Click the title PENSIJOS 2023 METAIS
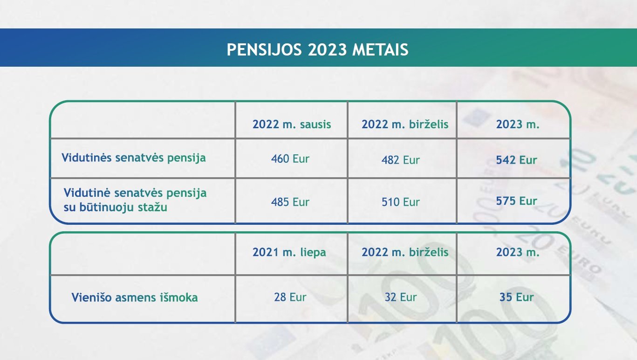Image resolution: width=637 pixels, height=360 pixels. (x=317, y=49)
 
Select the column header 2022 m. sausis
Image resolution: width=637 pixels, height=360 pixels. (x=292, y=125)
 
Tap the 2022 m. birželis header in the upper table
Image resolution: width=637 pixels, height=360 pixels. (x=405, y=125)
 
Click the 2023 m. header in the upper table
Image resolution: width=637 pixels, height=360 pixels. (x=518, y=125)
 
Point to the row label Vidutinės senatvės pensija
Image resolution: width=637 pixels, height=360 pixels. (x=134, y=158)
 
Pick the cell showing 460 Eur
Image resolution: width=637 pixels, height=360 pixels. (x=290, y=159)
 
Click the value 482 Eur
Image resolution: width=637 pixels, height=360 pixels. (x=400, y=160)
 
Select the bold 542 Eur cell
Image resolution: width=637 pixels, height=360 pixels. (x=516, y=160)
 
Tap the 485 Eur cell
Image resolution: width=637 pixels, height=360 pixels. (x=290, y=202)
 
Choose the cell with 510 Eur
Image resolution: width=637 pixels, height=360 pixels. (x=400, y=202)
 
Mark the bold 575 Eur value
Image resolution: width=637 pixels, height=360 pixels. (x=516, y=201)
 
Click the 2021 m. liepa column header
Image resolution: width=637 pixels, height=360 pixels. (x=289, y=252)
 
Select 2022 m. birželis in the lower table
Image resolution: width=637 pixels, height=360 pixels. (x=405, y=252)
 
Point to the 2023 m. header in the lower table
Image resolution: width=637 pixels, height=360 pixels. (x=518, y=252)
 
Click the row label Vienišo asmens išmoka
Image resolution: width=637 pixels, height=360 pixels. (x=135, y=298)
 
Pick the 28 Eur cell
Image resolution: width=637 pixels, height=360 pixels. (x=290, y=297)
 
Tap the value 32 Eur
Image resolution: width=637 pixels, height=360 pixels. (x=400, y=297)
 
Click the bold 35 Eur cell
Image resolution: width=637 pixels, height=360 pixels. (x=516, y=297)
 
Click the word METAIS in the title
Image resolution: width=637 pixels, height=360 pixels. (x=380, y=49)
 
